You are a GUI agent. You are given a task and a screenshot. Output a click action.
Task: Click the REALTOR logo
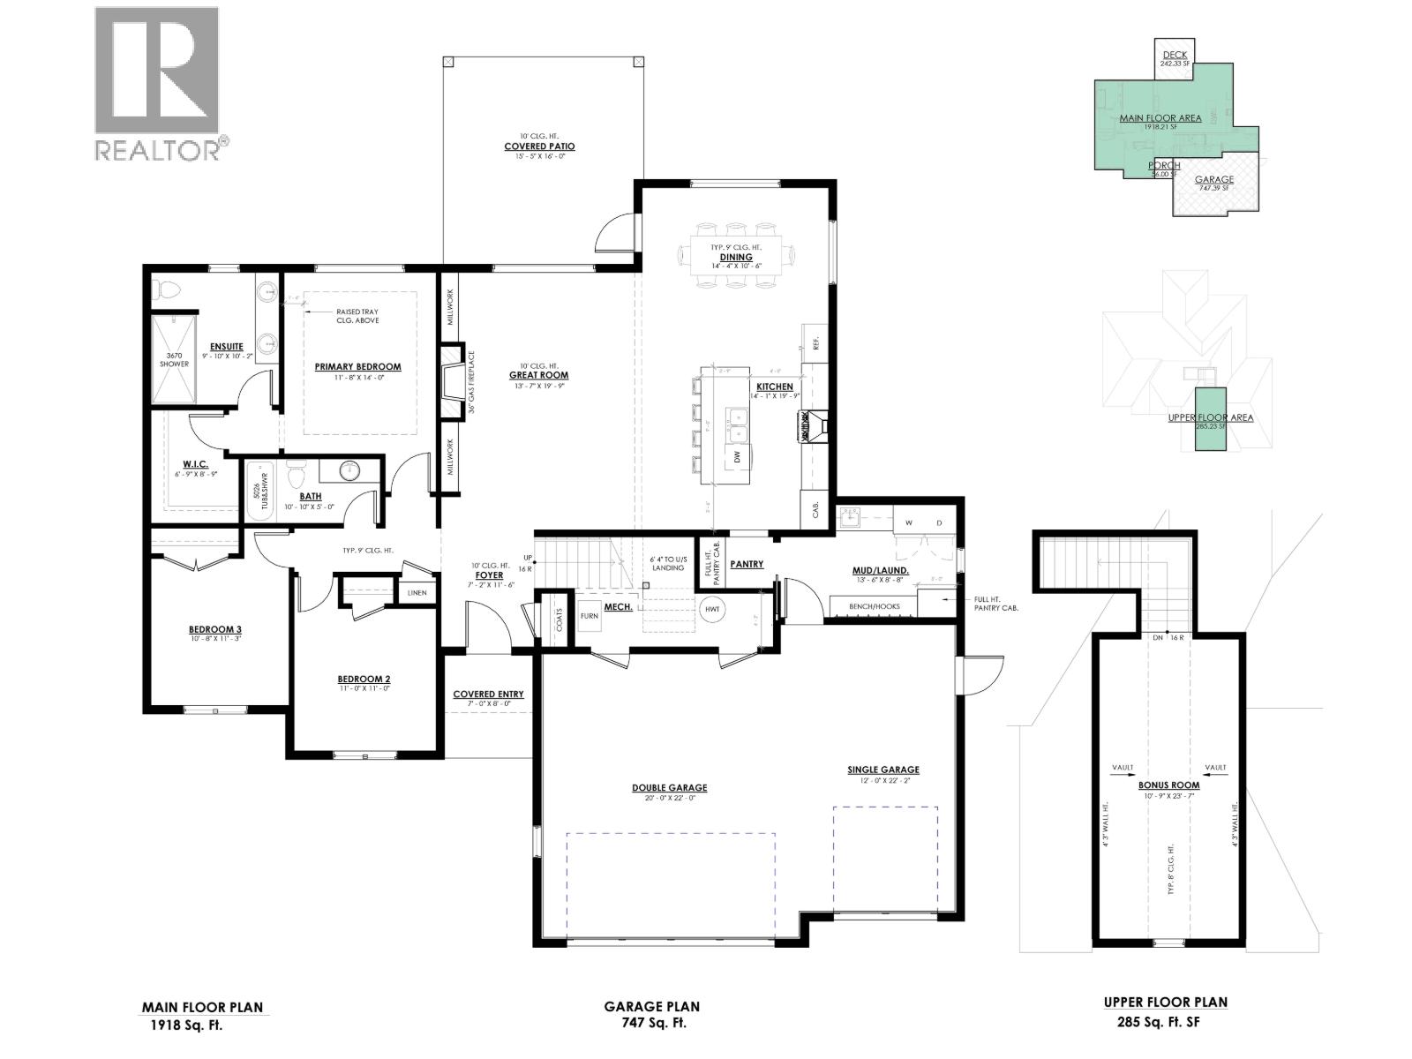click(x=157, y=84)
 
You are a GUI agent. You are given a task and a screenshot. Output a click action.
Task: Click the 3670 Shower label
click(x=174, y=359)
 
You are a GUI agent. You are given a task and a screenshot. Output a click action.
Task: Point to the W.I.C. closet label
click(x=195, y=463)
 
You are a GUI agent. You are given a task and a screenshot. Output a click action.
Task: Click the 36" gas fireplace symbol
click(x=453, y=382)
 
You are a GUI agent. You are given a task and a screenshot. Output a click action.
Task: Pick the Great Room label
click(x=538, y=375)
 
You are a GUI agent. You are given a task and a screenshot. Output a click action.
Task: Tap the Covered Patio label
click(x=539, y=146)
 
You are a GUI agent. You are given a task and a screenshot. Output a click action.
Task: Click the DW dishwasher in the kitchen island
click(x=736, y=457)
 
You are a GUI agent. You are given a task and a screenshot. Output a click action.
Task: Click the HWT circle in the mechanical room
click(x=712, y=609)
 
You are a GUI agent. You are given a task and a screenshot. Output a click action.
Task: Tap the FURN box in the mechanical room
click(x=589, y=616)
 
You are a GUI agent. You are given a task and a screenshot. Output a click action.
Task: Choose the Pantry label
click(x=747, y=564)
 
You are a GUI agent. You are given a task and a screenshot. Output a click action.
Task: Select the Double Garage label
click(x=669, y=788)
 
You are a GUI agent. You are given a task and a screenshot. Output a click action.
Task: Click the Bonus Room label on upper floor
click(x=1168, y=785)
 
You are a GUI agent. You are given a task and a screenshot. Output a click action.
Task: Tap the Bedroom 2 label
click(x=364, y=679)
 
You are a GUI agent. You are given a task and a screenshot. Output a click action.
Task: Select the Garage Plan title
click(x=651, y=1006)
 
